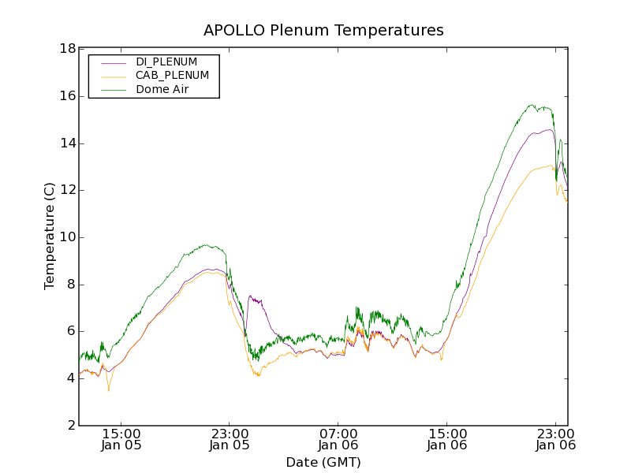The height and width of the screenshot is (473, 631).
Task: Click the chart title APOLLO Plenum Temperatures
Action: point(323,31)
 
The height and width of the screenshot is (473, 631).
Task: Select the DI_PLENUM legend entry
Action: point(166,61)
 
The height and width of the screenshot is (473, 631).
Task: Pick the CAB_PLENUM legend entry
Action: point(172,76)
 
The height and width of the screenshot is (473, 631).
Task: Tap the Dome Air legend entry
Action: point(162,90)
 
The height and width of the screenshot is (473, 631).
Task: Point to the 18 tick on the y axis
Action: point(67,49)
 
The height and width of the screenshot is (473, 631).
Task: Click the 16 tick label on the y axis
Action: point(67,96)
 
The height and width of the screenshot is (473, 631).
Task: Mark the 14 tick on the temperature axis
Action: point(67,143)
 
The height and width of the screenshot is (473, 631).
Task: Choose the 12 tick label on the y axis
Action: point(67,190)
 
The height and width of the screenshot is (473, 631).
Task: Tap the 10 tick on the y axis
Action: point(67,237)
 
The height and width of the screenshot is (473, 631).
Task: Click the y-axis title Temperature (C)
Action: point(50,236)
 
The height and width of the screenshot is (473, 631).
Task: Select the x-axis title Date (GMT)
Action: point(323,462)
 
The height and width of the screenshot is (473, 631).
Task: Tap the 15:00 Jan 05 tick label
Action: point(121,439)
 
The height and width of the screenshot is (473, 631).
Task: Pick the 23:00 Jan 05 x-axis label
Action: point(230,439)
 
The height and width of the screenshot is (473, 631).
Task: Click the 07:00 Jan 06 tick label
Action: point(338,439)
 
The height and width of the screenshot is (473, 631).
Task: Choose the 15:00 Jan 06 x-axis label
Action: point(446,439)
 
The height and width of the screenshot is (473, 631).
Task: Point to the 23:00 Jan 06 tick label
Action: point(555,439)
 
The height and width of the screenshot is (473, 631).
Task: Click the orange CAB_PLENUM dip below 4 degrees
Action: point(109,389)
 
